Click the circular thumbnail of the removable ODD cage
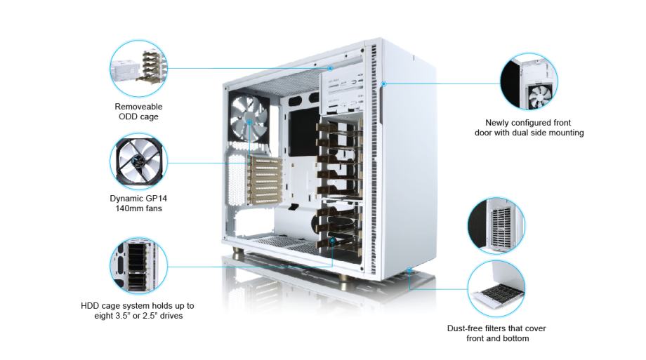click(x=139, y=69)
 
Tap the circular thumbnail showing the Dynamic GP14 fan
click(x=139, y=162)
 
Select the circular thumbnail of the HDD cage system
click(x=139, y=266)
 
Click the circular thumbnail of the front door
click(x=529, y=81)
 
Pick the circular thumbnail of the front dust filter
click(x=496, y=225)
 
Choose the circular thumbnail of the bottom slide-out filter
click(x=496, y=288)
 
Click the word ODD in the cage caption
click(x=127, y=116)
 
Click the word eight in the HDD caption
click(x=103, y=316)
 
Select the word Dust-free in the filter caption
click(x=465, y=328)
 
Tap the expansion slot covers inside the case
click(x=265, y=180)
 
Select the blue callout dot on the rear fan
click(x=249, y=122)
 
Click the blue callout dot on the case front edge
click(x=383, y=84)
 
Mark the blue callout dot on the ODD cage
click(x=330, y=68)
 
